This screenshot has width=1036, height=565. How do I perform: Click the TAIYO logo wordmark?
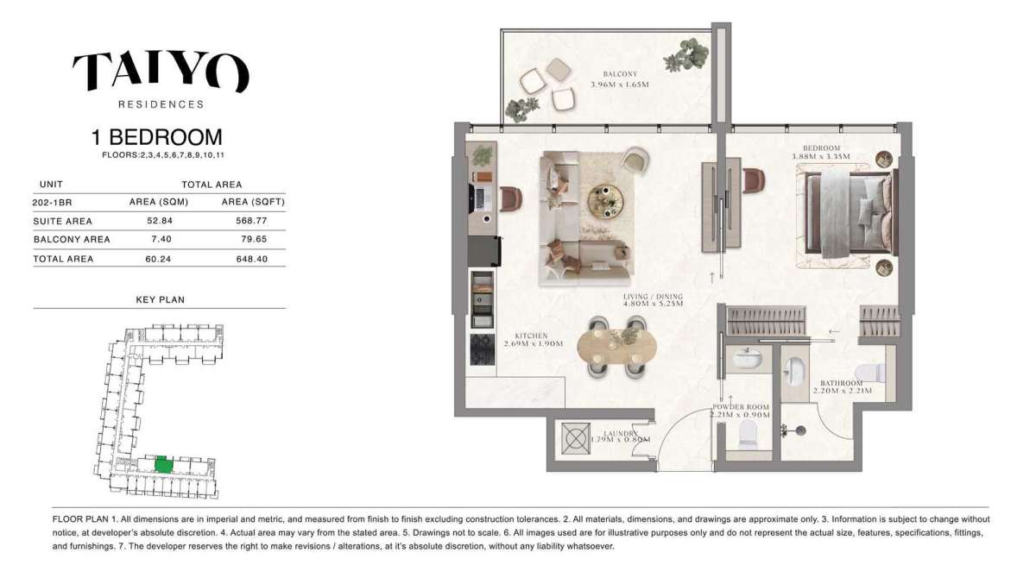point(161,72)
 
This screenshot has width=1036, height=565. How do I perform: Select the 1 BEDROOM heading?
point(157,137)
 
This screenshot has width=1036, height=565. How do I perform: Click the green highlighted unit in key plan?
point(162,464)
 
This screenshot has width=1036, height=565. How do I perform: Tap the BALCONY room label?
point(620,74)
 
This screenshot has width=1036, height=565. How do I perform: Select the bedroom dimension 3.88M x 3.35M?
point(821,157)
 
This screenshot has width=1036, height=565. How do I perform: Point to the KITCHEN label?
point(532,336)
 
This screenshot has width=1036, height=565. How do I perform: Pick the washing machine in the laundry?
point(575,438)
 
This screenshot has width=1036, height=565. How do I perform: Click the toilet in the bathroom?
point(875,373)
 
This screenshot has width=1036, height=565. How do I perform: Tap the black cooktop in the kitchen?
point(481,349)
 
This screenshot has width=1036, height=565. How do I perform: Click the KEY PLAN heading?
point(160,300)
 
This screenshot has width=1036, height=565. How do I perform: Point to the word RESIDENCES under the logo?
point(161,104)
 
